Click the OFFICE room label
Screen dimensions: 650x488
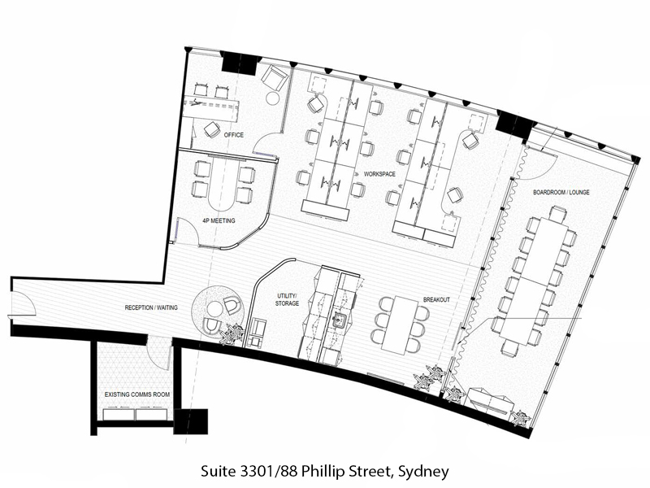pos(234,135)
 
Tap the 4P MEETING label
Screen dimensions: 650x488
pos(219,220)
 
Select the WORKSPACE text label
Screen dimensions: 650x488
pos(379,174)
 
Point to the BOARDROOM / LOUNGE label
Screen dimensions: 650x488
pos(561,193)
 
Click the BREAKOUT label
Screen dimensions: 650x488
pos(436,299)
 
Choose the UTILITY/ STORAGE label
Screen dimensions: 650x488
pos(287,299)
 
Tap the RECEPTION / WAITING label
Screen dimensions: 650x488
pos(151,307)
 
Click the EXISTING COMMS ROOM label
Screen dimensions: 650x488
pos(137,394)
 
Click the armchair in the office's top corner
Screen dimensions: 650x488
pos(275,76)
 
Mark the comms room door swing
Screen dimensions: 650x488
pos(159,353)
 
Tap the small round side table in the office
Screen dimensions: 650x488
pos(273,98)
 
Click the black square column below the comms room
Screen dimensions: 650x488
pos(191,421)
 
